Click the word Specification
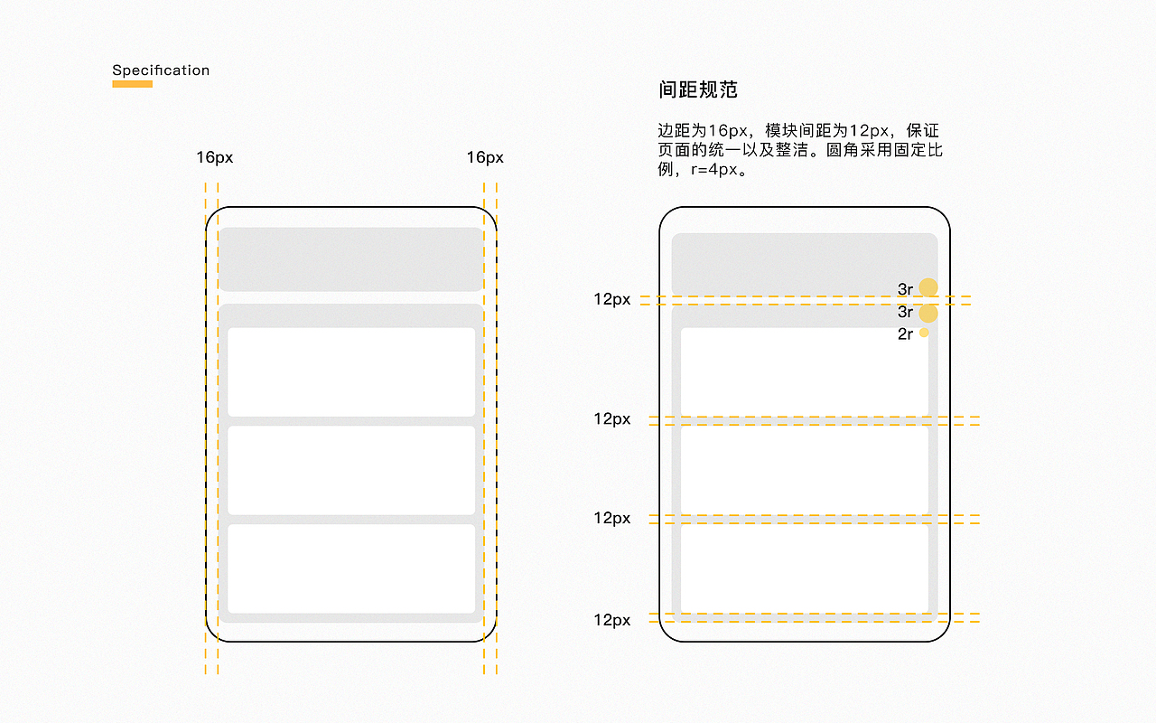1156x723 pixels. click(161, 70)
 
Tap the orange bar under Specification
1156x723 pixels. click(132, 84)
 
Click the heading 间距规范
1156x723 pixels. click(698, 89)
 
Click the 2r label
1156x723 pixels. click(905, 334)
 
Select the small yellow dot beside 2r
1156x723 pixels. click(924, 333)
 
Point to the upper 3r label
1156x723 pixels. click(905, 289)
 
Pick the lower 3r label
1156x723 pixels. click(905, 313)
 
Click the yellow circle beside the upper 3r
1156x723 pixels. click(928, 287)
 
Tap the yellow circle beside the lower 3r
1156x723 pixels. click(928, 314)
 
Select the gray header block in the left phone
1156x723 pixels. click(350, 259)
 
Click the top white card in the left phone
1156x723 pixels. click(350, 371)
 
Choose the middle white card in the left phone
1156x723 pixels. click(350, 470)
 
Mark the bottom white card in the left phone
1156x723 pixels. click(350, 568)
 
